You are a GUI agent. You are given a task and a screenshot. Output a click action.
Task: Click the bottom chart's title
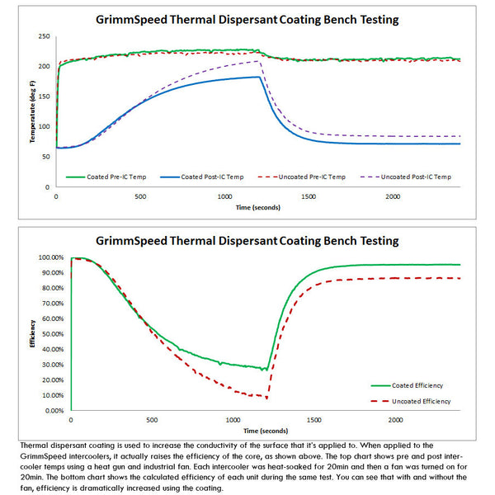(247, 240)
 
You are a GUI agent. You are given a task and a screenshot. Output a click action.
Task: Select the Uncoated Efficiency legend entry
(415, 401)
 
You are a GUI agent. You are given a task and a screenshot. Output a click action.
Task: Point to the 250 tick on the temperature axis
(44, 37)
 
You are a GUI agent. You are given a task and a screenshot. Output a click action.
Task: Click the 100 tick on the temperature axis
(44, 127)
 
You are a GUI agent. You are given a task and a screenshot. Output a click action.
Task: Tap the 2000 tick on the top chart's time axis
(392, 196)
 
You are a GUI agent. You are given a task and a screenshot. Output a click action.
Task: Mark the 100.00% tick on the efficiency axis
(51, 257)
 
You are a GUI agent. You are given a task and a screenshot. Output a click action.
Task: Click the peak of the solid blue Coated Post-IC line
(257, 77)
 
